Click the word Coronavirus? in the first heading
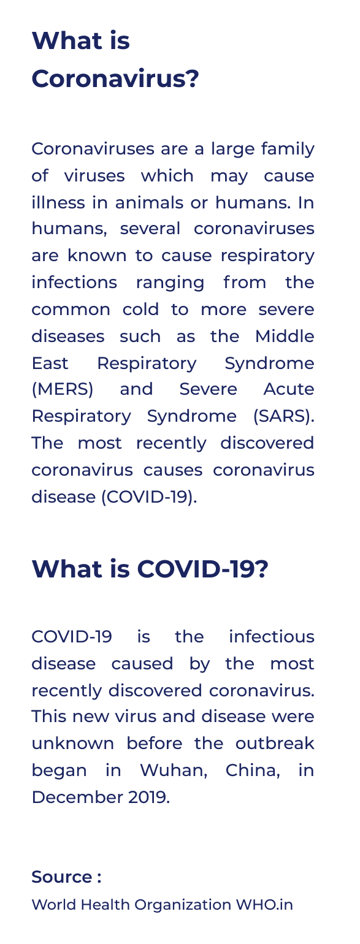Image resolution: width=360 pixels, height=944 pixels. point(115,79)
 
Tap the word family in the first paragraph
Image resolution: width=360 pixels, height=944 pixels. point(288,149)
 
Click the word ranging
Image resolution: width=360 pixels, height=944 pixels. point(170,283)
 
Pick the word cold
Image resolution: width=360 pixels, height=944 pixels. point(140,310)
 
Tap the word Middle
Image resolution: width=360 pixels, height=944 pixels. point(285,337)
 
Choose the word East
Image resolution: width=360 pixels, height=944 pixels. point(50,364)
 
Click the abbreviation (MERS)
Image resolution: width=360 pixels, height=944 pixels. point(63,389)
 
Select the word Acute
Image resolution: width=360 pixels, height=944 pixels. point(289,389)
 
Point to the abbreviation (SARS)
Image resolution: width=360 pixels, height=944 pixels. point(284,416)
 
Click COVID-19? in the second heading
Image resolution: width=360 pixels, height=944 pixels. point(202,569)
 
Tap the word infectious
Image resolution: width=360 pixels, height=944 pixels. point(272,637)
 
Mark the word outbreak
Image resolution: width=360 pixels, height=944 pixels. point(275,744)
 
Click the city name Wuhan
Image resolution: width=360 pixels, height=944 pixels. point(174,771)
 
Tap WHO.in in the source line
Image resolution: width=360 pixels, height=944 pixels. point(264,905)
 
